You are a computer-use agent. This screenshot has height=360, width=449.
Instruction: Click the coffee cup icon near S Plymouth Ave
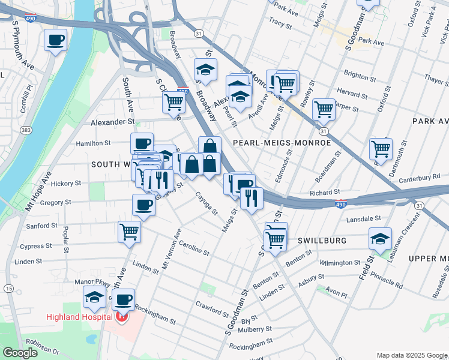tap(56, 40)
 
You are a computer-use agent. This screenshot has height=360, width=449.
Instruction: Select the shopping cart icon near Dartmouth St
tap(381, 147)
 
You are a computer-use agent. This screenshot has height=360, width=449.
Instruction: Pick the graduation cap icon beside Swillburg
tap(380, 238)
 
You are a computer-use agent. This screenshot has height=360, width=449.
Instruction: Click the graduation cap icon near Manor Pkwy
tap(94, 297)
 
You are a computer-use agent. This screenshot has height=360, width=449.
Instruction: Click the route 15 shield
tap(8, 289)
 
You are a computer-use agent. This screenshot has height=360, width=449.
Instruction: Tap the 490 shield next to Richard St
tap(341, 204)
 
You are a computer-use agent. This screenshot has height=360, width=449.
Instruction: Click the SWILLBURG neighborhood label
tap(322, 241)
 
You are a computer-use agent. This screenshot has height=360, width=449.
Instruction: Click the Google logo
tap(20, 353)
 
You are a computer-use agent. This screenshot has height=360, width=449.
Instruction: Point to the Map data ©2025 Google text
tap(411, 355)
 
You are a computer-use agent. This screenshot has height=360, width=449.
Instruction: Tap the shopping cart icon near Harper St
tap(324, 109)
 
